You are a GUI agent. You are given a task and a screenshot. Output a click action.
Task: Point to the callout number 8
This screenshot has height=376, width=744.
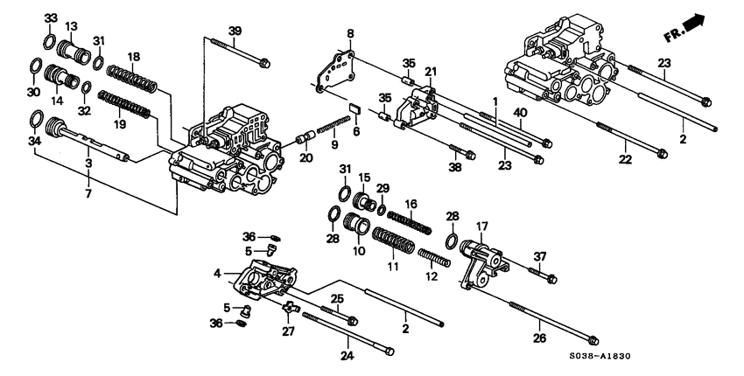(x=350, y=34)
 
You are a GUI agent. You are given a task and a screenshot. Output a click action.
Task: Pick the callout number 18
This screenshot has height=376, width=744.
(x=134, y=57)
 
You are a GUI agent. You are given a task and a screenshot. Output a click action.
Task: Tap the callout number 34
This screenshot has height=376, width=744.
(x=35, y=141)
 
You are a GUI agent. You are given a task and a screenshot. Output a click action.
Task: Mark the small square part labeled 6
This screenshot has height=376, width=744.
(x=354, y=108)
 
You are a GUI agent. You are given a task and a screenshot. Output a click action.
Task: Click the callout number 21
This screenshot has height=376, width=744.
(x=430, y=71)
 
